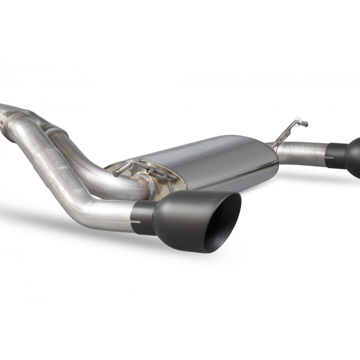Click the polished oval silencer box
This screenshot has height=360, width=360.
click(212, 160)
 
